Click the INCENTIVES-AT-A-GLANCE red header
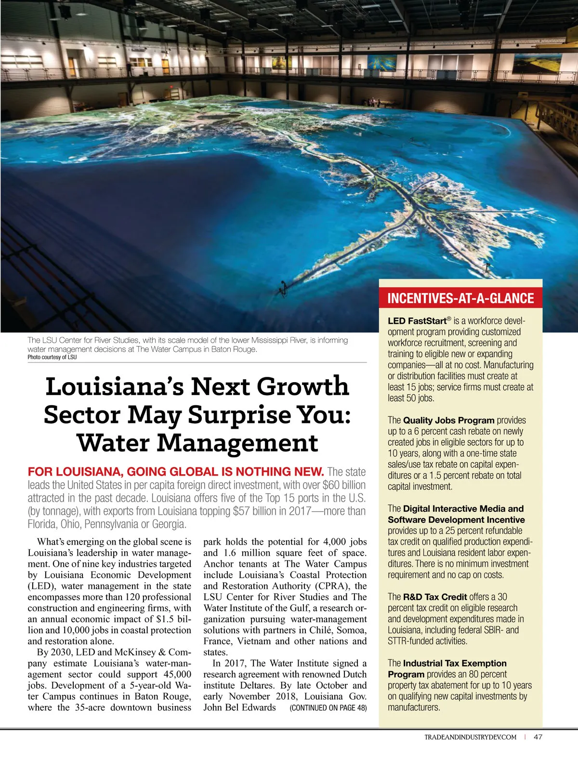click(460, 298)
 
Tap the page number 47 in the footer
click(538, 737)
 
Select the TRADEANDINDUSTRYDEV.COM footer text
click(470, 737)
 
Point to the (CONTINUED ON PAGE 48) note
click(328, 708)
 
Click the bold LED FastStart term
click(417, 321)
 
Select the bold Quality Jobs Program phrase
click(448, 420)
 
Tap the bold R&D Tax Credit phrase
click(434, 597)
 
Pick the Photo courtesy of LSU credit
click(52, 357)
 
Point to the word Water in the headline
click(114, 443)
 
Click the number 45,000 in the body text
click(177, 674)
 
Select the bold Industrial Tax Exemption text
click(455, 663)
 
